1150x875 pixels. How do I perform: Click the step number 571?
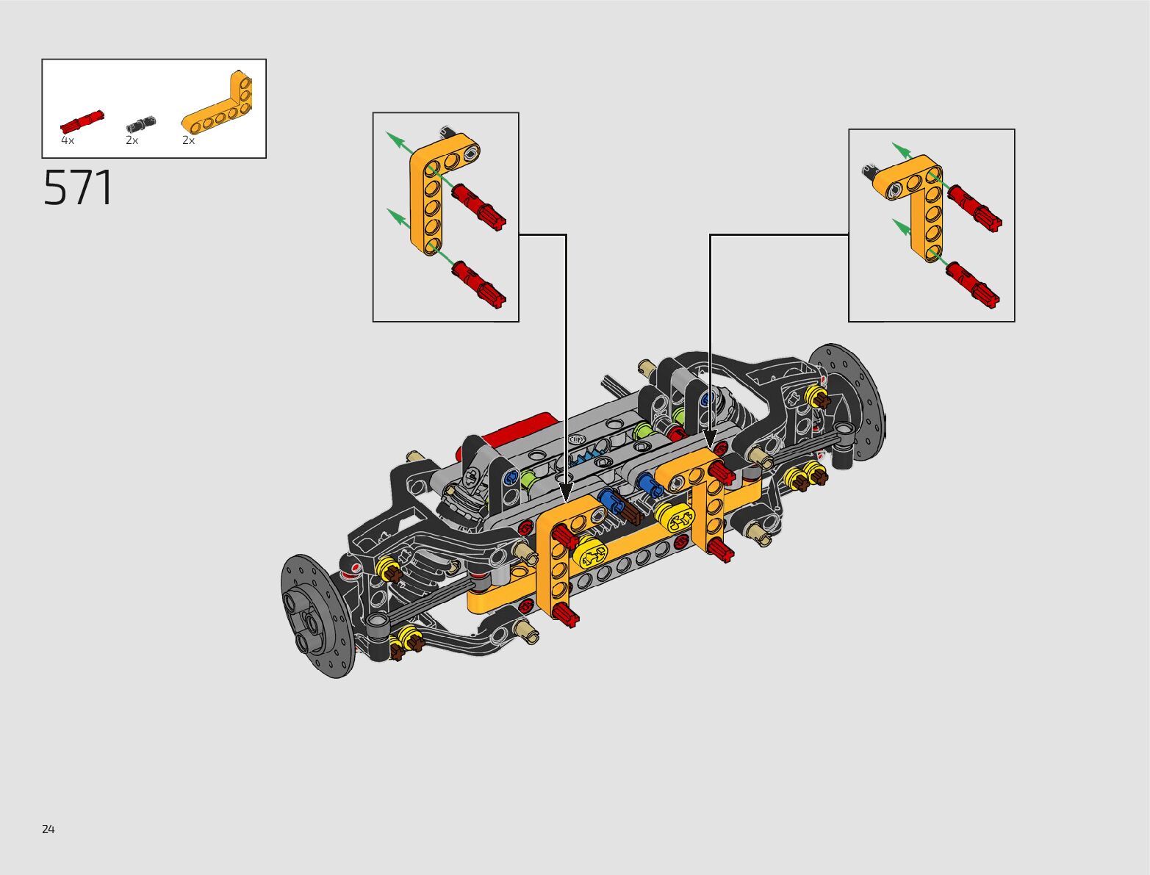78,187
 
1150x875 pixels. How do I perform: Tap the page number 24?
48,829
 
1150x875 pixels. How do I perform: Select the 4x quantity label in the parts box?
68,140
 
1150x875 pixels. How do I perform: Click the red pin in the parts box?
82,122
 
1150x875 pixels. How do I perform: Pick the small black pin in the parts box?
141,124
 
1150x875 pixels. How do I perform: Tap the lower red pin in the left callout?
479,284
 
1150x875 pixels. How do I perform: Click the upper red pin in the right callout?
974,209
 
